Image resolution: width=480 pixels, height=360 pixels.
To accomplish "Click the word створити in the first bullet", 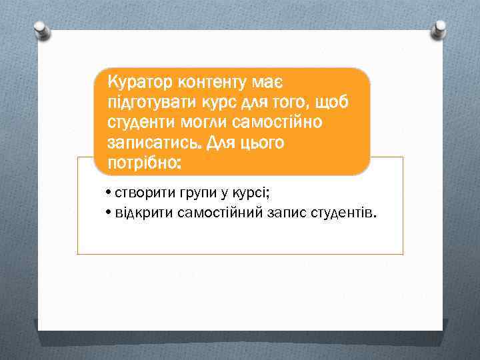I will coord(143,194).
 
